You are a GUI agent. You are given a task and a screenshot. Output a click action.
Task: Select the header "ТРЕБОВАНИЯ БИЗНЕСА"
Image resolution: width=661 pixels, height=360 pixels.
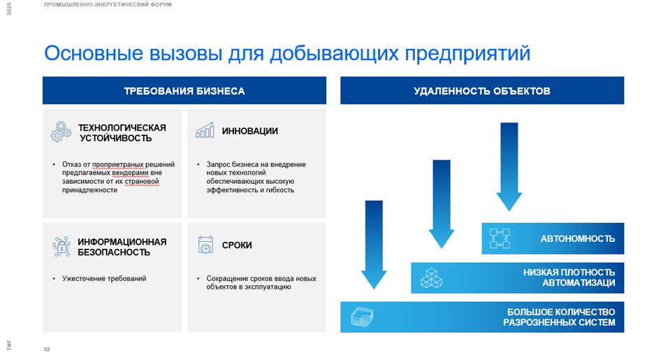(x=184, y=91)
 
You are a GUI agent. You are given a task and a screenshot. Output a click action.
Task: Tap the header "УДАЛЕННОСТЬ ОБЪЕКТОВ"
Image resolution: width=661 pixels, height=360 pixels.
(x=482, y=91)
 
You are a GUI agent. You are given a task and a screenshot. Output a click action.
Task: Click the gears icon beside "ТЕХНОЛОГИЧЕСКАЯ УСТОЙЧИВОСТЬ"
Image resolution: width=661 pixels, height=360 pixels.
(x=61, y=132)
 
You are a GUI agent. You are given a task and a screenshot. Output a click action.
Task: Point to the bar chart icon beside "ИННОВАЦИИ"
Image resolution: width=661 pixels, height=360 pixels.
(x=205, y=130)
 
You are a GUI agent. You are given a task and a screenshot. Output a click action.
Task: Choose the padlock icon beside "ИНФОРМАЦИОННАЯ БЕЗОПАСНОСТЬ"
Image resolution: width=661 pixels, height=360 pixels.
(x=61, y=247)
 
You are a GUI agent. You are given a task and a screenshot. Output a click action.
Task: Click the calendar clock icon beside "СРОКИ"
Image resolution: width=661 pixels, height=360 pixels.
(x=205, y=245)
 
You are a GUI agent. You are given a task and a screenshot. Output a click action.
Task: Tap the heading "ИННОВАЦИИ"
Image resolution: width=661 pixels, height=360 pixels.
(x=250, y=131)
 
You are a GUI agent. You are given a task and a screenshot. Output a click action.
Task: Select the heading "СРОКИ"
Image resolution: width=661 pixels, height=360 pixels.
(x=237, y=245)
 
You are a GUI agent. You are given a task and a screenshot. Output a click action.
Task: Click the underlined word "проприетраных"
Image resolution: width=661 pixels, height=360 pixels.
(x=118, y=164)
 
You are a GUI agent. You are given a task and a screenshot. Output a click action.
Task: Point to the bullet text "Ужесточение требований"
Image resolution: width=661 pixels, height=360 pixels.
(x=104, y=279)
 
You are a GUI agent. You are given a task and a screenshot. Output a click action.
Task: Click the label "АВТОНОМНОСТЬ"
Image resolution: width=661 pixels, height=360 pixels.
(x=578, y=239)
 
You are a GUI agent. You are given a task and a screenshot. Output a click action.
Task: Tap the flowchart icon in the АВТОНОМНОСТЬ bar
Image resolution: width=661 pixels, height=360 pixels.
(x=500, y=238)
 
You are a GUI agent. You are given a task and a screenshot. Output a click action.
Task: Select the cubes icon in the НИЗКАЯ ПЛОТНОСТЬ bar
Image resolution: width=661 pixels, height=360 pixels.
(x=431, y=278)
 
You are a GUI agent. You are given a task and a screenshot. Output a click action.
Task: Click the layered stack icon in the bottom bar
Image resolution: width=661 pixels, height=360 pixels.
(x=362, y=317)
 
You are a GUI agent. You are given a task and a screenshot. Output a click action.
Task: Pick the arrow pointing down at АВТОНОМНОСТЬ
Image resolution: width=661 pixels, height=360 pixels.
(x=509, y=166)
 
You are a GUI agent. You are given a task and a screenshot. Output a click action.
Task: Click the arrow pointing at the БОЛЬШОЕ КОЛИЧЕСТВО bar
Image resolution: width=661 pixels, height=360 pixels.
(x=374, y=245)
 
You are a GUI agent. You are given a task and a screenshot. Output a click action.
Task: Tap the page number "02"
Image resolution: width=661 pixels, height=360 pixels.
(x=47, y=350)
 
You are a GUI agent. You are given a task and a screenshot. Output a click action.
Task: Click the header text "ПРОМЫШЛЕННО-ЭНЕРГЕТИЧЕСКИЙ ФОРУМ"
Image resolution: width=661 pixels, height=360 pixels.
(x=108, y=5)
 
